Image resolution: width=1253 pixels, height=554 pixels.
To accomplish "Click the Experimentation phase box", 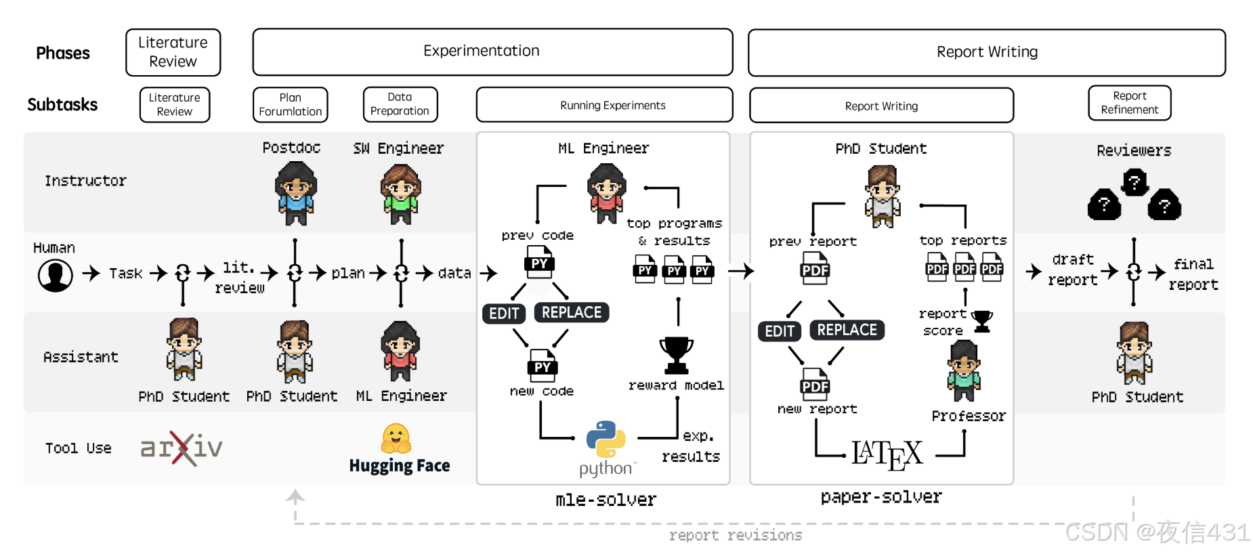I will (x=492, y=51).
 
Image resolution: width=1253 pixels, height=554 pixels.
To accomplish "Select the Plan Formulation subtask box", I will (x=290, y=105).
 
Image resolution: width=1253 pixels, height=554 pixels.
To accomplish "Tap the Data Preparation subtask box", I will (x=400, y=104).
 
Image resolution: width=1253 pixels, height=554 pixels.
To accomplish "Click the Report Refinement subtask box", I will (x=1129, y=103).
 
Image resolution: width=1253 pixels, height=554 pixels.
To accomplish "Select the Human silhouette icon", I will (x=56, y=275).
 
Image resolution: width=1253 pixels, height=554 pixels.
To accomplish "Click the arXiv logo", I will (x=182, y=448).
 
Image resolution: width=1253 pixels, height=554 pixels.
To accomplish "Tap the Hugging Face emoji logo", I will (x=396, y=439).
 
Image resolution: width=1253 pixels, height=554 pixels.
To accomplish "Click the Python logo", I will (x=606, y=440).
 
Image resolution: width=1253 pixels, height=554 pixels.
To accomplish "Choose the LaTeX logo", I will (x=887, y=454).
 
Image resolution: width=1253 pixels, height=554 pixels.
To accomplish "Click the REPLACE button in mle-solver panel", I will (x=572, y=312).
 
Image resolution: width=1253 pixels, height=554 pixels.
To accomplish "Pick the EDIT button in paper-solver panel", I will (x=779, y=331).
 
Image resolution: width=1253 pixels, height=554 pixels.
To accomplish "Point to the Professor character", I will (x=964, y=371).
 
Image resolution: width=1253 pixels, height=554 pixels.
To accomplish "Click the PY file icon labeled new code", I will (x=542, y=366).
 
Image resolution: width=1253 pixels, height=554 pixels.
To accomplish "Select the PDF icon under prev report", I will (x=815, y=269).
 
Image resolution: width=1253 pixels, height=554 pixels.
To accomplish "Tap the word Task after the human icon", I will (x=126, y=274).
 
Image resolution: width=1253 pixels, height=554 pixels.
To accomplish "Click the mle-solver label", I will (x=606, y=500).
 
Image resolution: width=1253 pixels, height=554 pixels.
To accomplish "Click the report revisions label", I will (x=736, y=536).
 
